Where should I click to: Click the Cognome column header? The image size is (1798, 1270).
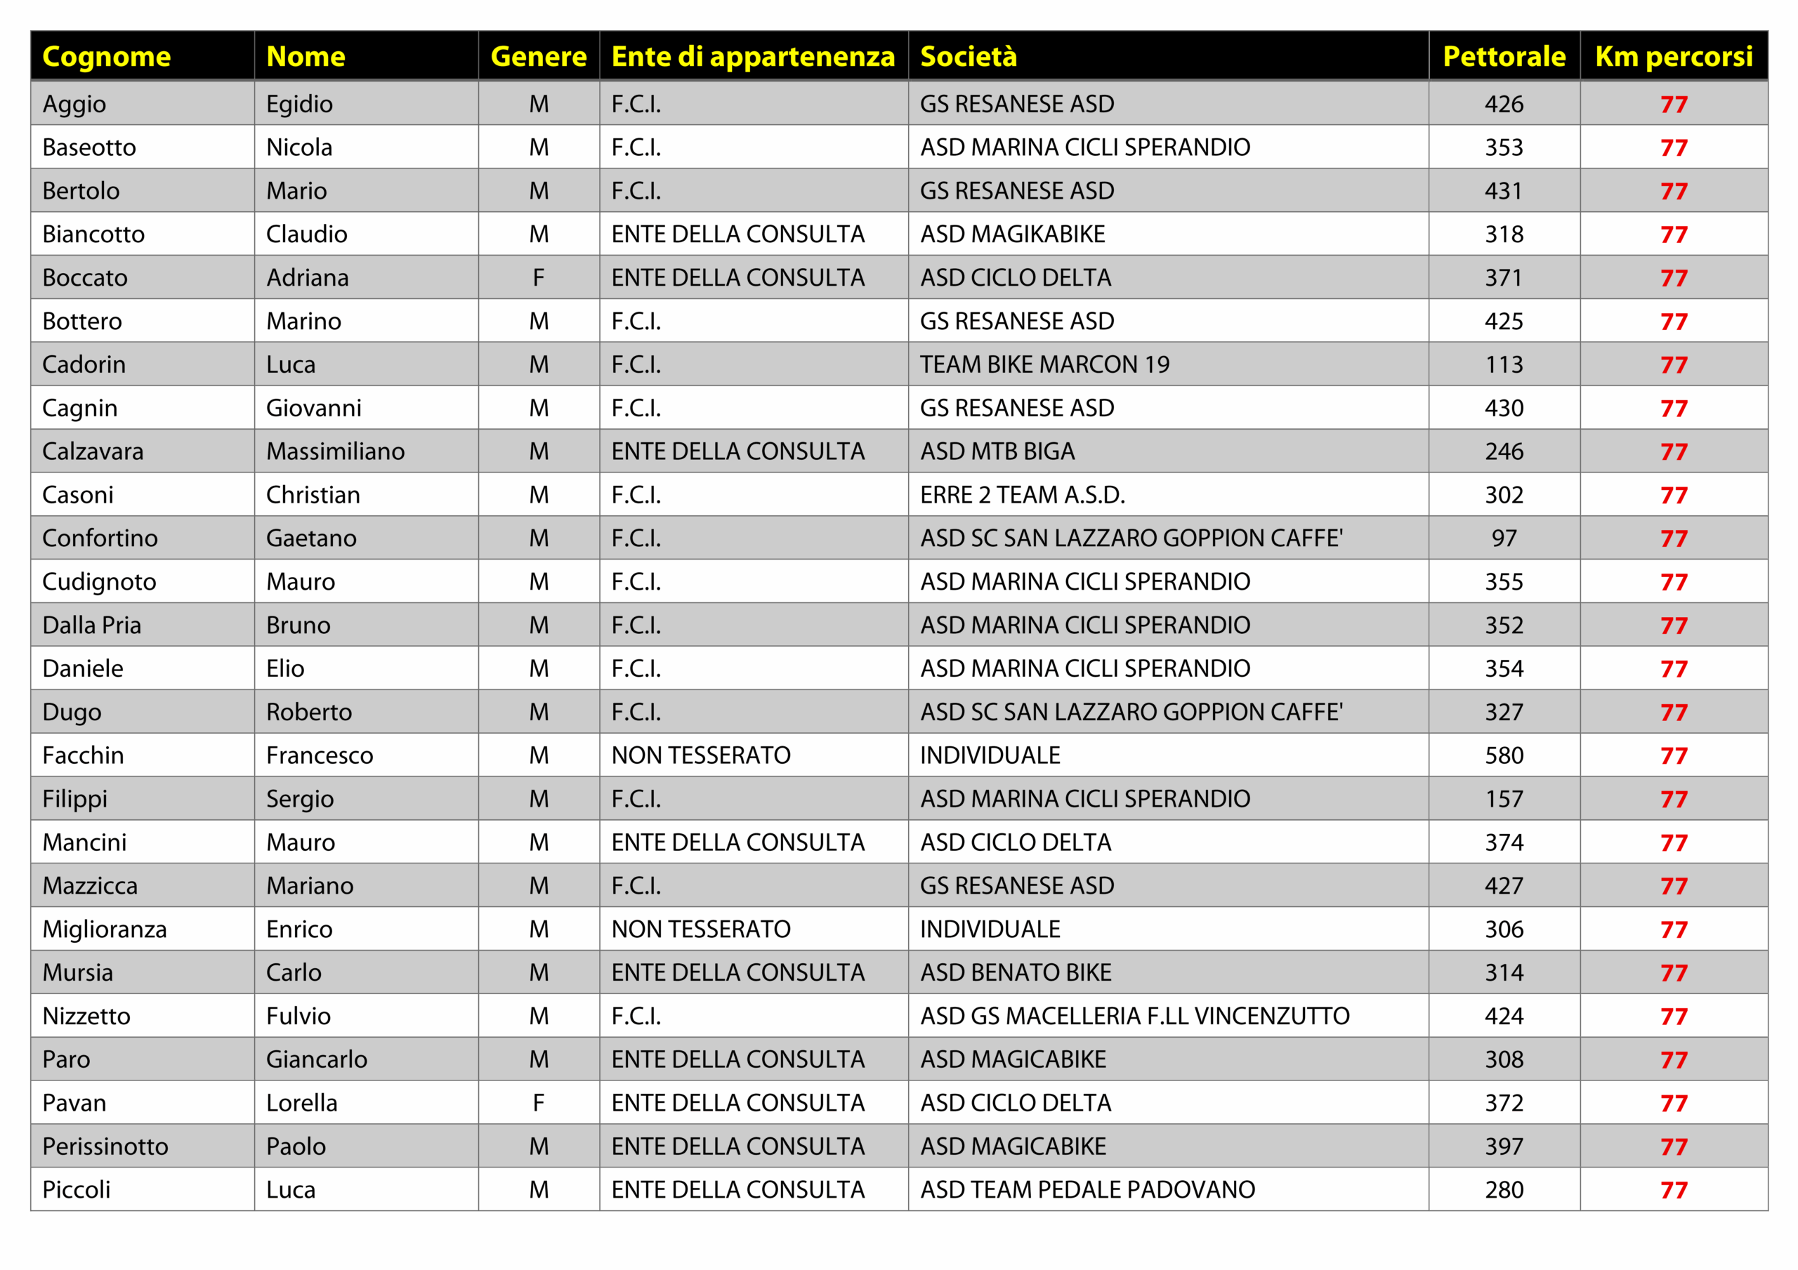(x=107, y=56)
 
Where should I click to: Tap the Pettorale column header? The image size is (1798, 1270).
(x=1504, y=56)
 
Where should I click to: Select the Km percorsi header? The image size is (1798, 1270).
(x=1674, y=56)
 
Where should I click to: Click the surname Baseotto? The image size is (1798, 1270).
(x=89, y=147)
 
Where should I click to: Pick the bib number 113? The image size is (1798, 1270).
(x=1504, y=364)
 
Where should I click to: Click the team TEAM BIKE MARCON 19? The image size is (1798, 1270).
(x=1044, y=364)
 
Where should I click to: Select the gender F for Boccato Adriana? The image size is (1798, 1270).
(x=539, y=278)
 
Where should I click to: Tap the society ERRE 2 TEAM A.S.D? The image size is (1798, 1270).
(x=1022, y=495)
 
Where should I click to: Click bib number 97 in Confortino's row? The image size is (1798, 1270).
(x=1504, y=538)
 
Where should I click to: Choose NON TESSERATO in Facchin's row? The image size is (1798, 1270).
(x=701, y=755)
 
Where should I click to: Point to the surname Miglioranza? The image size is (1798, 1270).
(x=105, y=929)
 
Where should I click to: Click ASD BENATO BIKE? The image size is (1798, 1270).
(x=1016, y=972)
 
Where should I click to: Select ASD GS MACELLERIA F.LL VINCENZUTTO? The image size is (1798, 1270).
(x=1135, y=1016)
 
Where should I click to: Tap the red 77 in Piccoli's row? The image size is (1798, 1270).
(x=1674, y=1190)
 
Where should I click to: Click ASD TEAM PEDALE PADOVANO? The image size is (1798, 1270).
(x=1088, y=1189)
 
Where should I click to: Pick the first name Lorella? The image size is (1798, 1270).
(x=301, y=1102)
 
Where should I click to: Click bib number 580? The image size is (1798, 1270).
(x=1504, y=755)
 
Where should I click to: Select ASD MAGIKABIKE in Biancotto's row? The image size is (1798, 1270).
(x=1013, y=234)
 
